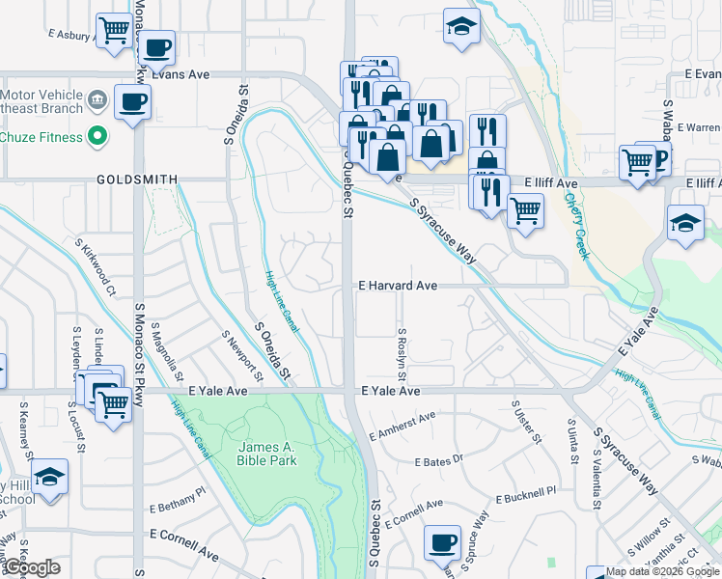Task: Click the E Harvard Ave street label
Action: pos(398,287)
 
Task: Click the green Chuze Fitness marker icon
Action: pos(97,137)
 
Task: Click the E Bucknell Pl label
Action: pos(526,496)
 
